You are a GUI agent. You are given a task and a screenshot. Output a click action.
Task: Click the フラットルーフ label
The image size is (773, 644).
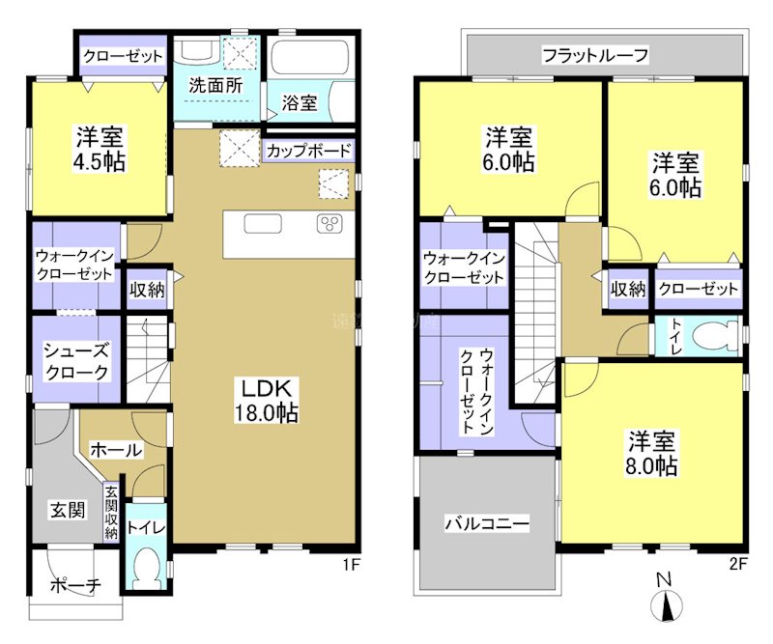click(x=593, y=54)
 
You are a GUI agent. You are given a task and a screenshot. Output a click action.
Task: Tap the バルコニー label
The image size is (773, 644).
click(x=486, y=524)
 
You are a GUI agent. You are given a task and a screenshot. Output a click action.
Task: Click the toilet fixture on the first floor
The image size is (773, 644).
click(x=146, y=569)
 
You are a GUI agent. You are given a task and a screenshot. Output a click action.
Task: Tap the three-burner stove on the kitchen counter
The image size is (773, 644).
click(x=329, y=224)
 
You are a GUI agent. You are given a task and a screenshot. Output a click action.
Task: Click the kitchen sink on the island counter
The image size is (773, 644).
click(x=263, y=224)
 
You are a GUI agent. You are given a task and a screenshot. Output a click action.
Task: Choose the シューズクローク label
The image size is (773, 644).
click(x=74, y=361)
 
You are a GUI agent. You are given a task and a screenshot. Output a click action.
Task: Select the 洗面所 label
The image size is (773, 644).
click(x=215, y=84)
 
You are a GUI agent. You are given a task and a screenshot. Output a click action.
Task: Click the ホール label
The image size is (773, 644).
click(x=116, y=449)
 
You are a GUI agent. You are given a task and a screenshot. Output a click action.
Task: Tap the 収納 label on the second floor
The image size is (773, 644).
click(x=627, y=288)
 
